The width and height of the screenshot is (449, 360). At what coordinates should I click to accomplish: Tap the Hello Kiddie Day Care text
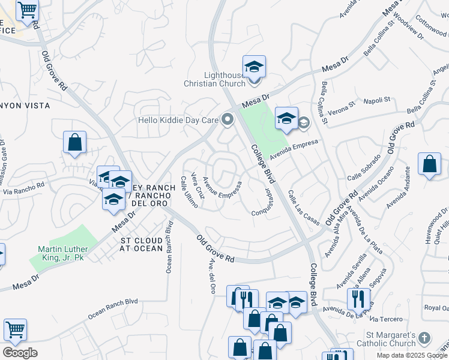tap(178, 120)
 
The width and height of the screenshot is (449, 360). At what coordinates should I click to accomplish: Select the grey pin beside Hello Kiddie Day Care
tap(227, 120)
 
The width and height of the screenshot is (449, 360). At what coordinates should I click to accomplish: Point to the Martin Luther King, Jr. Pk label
tap(63, 253)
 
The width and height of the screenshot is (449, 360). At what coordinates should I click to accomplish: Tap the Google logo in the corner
tap(20, 352)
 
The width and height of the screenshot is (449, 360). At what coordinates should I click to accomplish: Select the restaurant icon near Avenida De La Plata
tap(358, 298)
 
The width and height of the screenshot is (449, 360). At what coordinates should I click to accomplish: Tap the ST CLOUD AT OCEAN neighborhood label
tap(142, 244)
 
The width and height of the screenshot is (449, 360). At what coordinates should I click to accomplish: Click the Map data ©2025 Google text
tap(412, 355)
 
